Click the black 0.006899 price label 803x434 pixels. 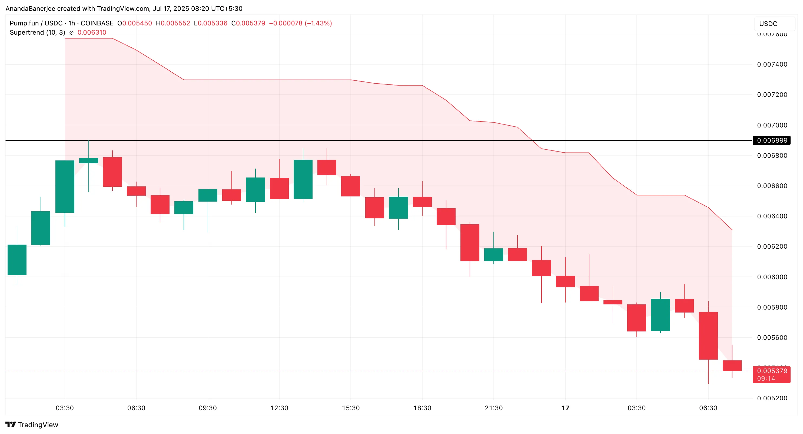point(772,140)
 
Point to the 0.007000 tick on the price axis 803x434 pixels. point(772,125)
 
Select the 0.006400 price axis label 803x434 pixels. point(772,216)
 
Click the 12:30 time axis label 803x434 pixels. point(279,408)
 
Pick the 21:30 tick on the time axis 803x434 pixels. point(493,408)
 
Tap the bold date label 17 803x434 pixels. point(565,408)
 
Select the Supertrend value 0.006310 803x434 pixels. point(92,32)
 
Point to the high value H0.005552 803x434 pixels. point(173,23)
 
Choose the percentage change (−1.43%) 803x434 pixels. point(318,23)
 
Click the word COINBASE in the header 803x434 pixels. point(97,23)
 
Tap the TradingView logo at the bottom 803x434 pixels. point(32,425)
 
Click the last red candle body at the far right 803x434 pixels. point(732,366)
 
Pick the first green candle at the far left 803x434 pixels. point(17,259)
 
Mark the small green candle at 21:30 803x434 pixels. point(493,255)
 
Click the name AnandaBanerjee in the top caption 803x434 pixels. point(30,8)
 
